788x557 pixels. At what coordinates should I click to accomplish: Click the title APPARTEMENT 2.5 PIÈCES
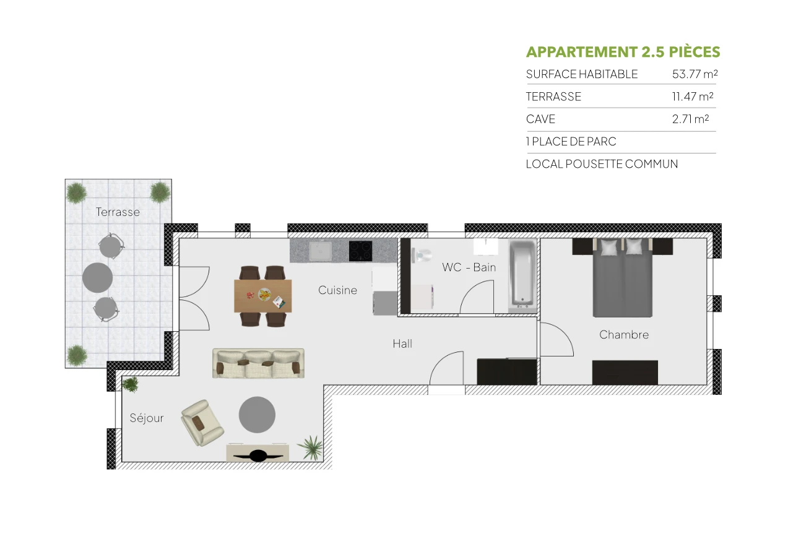623,52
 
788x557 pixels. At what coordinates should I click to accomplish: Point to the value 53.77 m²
695,74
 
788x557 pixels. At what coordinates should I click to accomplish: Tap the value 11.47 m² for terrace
693,97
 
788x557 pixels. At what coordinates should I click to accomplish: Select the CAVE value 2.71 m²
690,119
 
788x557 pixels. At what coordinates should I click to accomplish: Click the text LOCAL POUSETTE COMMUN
602,164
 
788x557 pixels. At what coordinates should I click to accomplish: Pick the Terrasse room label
118,212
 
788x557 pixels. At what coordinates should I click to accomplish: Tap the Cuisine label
337,290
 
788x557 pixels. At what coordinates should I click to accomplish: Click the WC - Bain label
469,267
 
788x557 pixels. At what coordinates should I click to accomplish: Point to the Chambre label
624,335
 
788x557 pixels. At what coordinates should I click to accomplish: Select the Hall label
402,344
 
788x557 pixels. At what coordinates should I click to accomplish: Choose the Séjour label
147,418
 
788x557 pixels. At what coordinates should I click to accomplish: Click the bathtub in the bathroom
522,276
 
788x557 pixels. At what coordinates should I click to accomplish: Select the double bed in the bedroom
623,278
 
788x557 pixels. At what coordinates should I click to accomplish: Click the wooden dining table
262,295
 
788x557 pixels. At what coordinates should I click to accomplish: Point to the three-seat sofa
258,363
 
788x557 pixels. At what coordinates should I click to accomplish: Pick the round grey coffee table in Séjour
257,415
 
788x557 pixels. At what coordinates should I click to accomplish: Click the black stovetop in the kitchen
360,251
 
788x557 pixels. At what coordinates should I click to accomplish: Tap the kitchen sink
320,251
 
